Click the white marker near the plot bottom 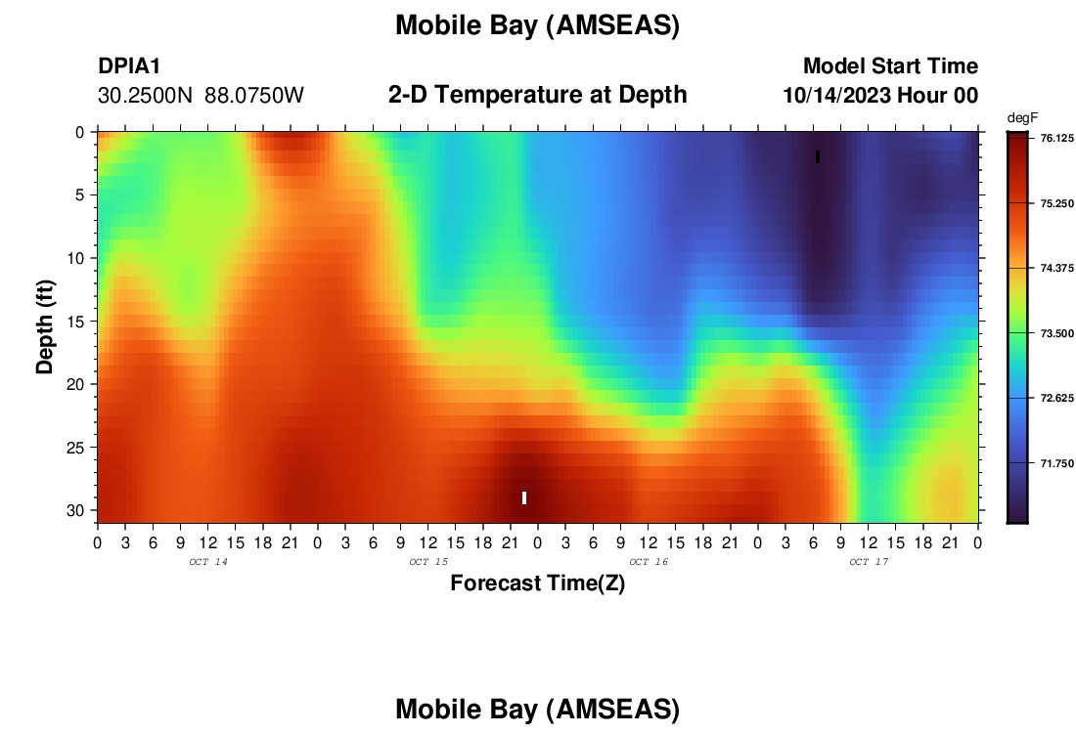(524, 497)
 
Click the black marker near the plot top (818, 157)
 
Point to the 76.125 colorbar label (1056, 139)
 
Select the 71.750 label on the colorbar (1056, 463)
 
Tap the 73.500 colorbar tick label (1056, 333)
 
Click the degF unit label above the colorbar (1022, 118)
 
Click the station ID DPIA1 (129, 66)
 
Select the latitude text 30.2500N (145, 96)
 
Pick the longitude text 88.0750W (254, 96)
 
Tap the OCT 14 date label (208, 562)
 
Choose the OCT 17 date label (869, 562)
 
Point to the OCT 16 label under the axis (649, 562)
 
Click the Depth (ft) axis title (45, 326)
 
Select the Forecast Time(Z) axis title (537, 582)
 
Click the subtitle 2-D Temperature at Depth (537, 95)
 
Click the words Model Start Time (891, 66)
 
